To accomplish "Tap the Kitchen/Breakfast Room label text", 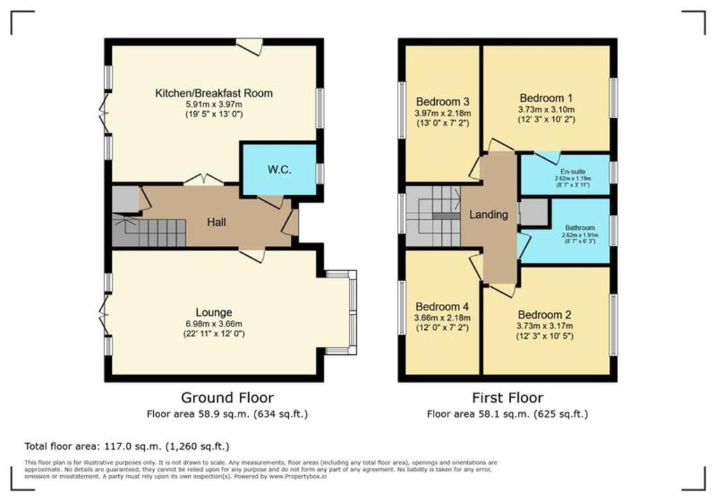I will tap(214, 93).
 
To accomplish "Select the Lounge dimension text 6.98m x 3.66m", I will tap(214, 324).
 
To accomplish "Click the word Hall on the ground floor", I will tap(215, 222).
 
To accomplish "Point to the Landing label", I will tap(488, 215).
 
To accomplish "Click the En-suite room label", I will tap(566, 171).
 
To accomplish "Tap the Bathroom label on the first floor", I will tap(578, 228).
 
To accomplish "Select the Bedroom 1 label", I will tap(546, 98).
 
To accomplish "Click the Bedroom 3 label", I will tap(443, 102).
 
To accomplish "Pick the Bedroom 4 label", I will tap(443, 307).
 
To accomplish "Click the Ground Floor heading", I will tap(227, 398).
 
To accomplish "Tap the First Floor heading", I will tap(508, 398).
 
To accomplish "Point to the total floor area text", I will tap(127, 446).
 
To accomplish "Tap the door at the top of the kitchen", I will tap(249, 47).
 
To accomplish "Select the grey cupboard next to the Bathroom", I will tap(533, 212).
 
